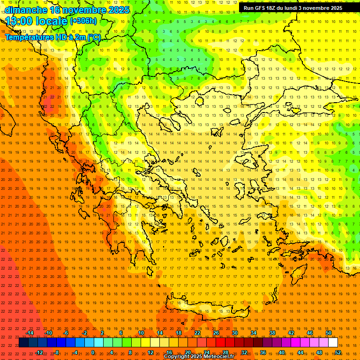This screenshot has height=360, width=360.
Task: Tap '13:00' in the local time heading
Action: tap(19, 21)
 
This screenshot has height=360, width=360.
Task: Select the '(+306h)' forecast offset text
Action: tap(83, 21)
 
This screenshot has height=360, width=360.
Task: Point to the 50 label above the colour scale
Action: tap(329, 333)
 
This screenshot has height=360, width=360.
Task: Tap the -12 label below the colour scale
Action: tap(39, 352)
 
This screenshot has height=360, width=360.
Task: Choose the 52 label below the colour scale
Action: tap(338, 352)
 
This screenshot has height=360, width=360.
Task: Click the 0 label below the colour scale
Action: tap(93, 352)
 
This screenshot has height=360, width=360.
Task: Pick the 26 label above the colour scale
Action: tap(216, 333)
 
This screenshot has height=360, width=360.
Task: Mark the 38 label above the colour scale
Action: tap(272, 333)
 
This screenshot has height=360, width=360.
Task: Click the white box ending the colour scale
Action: tap(333, 343)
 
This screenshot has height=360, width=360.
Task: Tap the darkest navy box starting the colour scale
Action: tap(23, 343)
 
